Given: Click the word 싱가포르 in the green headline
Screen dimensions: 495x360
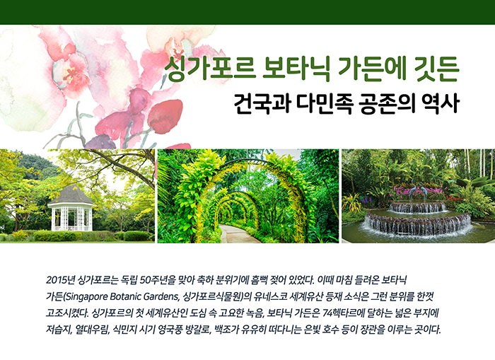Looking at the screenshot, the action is [210, 69].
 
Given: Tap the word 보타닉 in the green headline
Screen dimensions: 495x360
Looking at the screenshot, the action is [297, 69].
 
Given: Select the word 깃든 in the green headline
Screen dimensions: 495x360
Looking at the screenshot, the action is [436, 69].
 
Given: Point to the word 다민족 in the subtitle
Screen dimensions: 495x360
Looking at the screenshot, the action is [325, 103].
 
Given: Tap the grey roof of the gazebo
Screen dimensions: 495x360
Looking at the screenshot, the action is [70, 194].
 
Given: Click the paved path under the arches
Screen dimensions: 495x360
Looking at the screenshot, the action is [238, 234].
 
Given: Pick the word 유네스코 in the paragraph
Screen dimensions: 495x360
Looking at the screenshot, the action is [270, 296].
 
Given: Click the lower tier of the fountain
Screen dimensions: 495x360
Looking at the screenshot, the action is [418, 223].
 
